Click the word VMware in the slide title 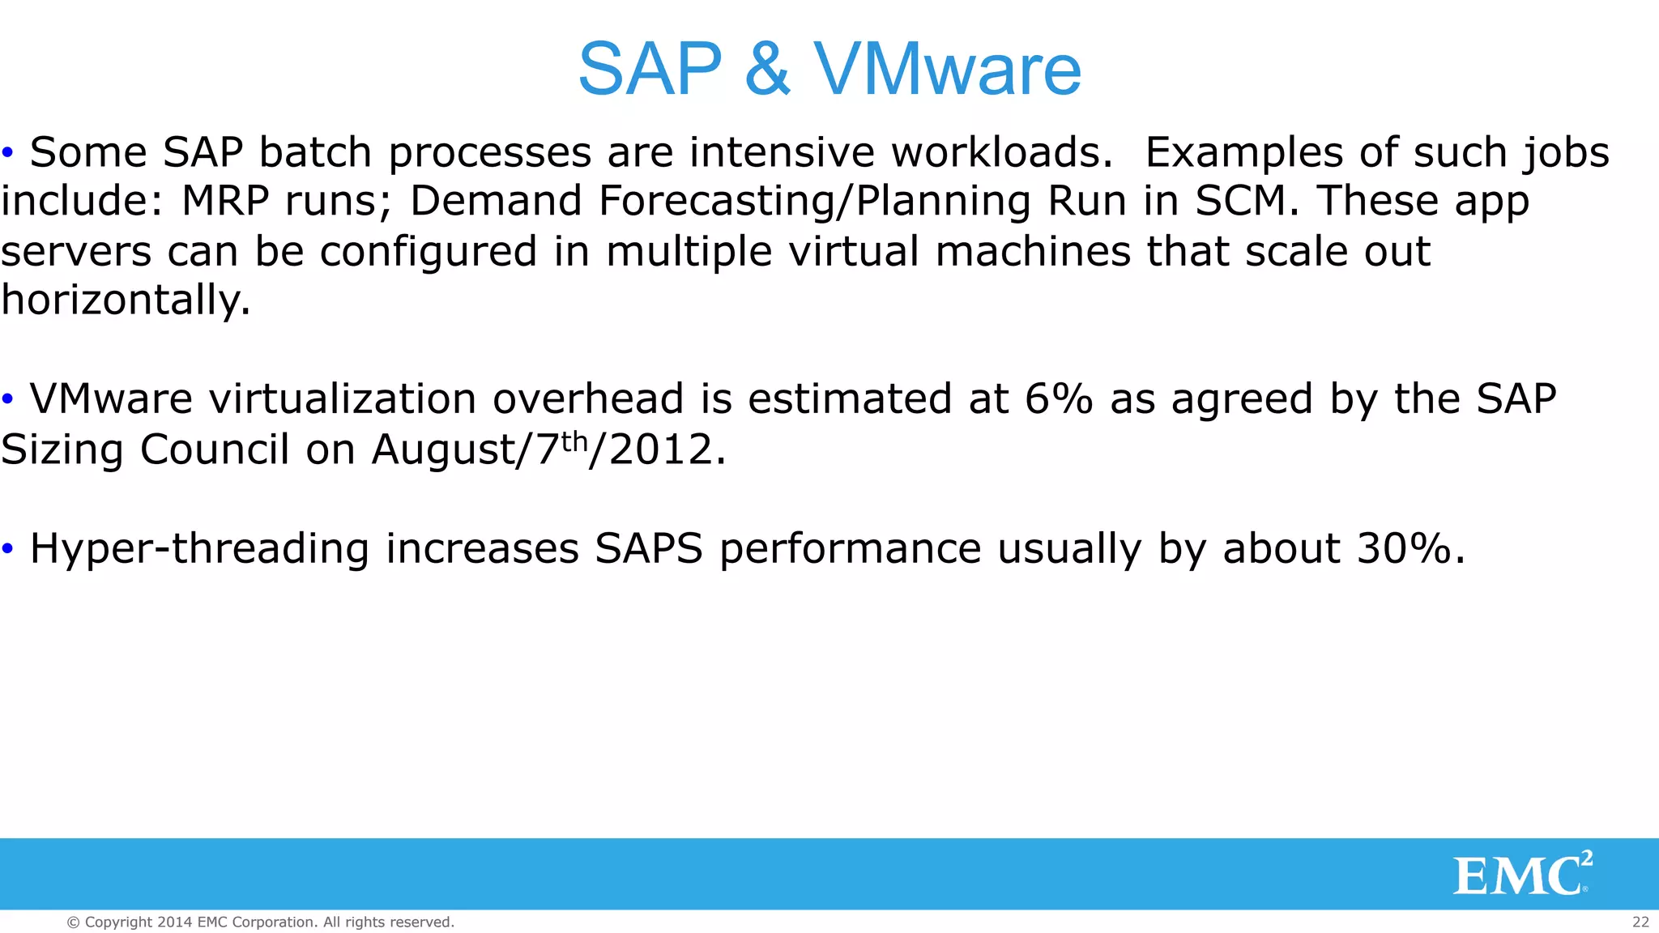pos(948,70)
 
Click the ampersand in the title pos(766,70)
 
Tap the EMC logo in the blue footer pos(1522,874)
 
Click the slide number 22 pos(1640,922)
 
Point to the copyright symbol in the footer pos(73,922)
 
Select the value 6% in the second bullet pos(1059,399)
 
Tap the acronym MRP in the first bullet pos(225,201)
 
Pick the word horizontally pos(126,301)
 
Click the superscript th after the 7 pos(574,441)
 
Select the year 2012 pos(661,449)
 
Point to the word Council pos(215,449)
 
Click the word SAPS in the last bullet pos(649,549)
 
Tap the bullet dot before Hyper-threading pos(8,549)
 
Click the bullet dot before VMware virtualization pos(8,399)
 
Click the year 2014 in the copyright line pos(175,922)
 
